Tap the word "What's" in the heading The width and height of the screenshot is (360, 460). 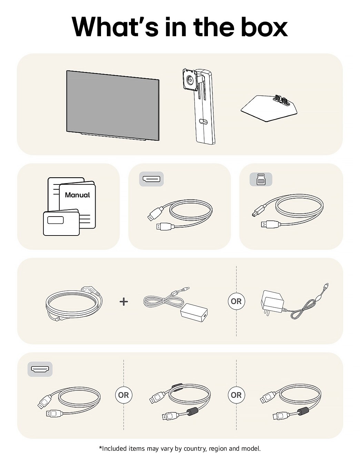coord(115,27)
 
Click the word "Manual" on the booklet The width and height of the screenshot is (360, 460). coord(77,195)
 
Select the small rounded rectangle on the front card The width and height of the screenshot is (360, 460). coord(56,220)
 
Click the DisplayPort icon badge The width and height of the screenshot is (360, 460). coord(151,179)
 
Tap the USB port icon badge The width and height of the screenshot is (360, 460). coord(261,180)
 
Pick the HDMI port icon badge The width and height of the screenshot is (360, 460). coord(40,369)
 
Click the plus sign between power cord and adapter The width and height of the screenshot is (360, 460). coord(123,301)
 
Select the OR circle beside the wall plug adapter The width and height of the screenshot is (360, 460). coord(236,301)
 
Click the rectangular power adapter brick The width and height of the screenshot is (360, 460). coord(194,312)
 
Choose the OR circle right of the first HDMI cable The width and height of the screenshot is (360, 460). coord(123,395)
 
